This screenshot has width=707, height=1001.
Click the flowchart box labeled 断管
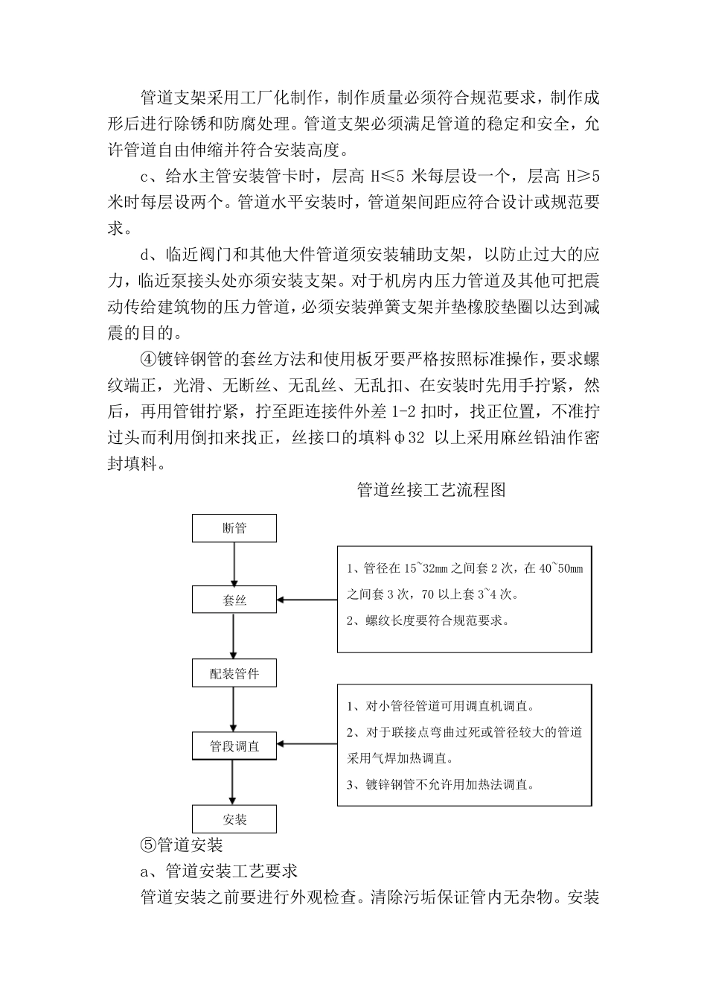pyautogui.click(x=234, y=528)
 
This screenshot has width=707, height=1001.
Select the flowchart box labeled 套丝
pyautogui.click(x=234, y=600)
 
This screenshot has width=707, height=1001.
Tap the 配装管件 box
pyautogui.click(x=234, y=674)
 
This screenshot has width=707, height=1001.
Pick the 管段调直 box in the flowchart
pyautogui.click(x=234, y=746)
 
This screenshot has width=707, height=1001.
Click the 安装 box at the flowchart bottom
pyautogui.click(x=234, y=819)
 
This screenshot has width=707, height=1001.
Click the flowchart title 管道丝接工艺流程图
pyautogui.click(x=432, y=489)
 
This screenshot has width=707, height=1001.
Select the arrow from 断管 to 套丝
pyautogui.click(x=234, y=564)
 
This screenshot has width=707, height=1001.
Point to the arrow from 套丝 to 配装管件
pyautogui.click(x=234, y=637)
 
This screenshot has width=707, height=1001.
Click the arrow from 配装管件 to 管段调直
pyautogui.click(x=234, y=710)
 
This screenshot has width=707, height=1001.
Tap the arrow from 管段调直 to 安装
pyautogui.click(x=234, y=782)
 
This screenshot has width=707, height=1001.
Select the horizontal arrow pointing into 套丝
pyautogui.click(x=307, y=600)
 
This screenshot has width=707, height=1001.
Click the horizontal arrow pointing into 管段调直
pyautogui.click(x=307, y=744)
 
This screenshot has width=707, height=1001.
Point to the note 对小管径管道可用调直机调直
pyautogui.click(x=441, y=706)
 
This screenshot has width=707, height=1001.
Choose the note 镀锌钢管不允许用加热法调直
pyautogui.click(x=441, y=784)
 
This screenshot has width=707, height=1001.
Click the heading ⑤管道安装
pyautogui.click(x=182, y=845)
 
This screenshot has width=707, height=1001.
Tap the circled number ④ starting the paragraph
pyautogui.click(x=149, y=359)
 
